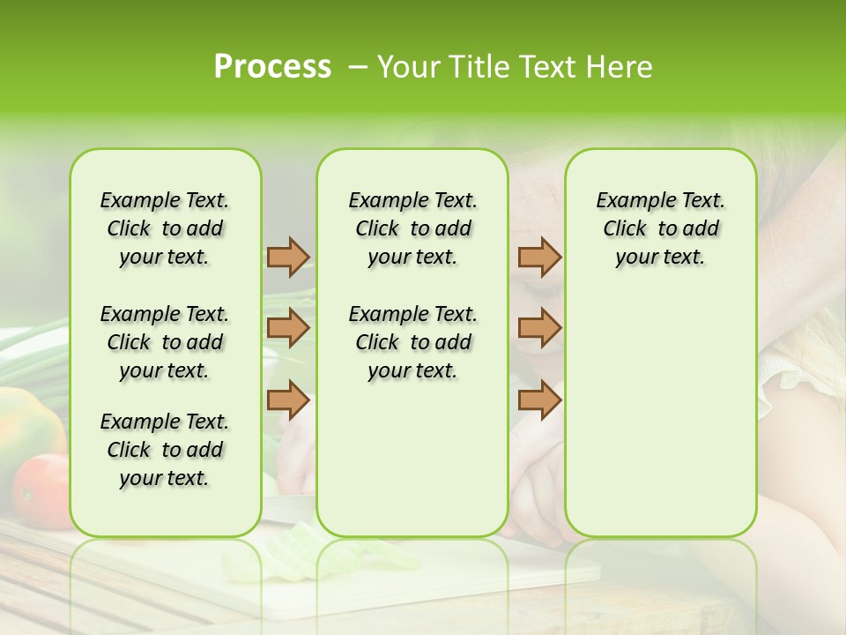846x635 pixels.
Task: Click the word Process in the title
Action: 272,67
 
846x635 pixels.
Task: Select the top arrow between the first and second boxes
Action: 288,257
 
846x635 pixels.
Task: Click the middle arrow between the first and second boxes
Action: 288,328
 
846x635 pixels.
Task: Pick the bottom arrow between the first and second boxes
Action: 288,400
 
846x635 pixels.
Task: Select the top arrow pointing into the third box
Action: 539,257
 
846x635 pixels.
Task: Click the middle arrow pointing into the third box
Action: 539,328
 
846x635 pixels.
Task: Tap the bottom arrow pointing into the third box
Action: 539,400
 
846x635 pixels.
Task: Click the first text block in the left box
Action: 165,228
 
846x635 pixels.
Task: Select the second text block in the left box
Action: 165,342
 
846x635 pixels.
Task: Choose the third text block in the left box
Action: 165,450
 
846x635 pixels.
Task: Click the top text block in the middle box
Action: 412,228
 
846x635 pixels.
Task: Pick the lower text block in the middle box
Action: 412,342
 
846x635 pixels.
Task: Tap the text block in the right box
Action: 660,228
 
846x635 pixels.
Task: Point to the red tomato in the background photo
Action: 40,489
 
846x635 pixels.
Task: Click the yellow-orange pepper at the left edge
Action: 26,423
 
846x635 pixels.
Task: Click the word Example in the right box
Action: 627,201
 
